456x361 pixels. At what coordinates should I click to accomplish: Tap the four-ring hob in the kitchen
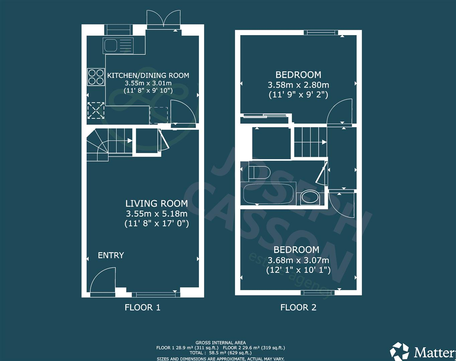click(95, 77)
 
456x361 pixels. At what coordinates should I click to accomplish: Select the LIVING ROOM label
click(156, 203)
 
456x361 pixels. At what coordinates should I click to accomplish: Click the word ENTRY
click(111, 255)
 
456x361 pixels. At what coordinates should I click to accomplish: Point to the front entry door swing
click(103, 280)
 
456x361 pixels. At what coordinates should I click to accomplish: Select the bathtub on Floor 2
click(268, 194)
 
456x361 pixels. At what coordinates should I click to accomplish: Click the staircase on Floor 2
click(310, 142)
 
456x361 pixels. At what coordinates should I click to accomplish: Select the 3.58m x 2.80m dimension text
click(298, 85)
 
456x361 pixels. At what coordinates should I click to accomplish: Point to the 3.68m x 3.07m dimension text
click(298, 260)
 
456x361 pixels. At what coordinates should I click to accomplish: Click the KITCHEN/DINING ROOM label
click(148, 76)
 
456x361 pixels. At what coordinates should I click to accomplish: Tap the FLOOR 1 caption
click(142, 308)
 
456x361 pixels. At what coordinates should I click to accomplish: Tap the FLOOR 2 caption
click(298, 308)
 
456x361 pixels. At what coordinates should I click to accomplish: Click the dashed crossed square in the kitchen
click(96, 111)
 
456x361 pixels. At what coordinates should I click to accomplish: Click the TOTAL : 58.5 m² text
click(221, 353)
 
